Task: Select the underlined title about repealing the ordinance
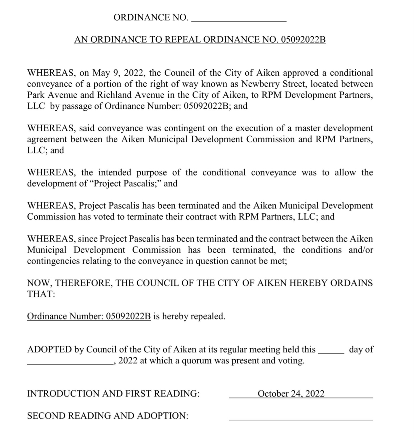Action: pos(200,40)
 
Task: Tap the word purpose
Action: pos(151,173)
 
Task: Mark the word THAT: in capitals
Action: pos(41,294)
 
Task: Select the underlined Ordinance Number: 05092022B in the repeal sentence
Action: pos(89,317)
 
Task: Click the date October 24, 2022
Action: pos(291,394)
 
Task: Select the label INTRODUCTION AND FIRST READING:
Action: pos(113,394)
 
